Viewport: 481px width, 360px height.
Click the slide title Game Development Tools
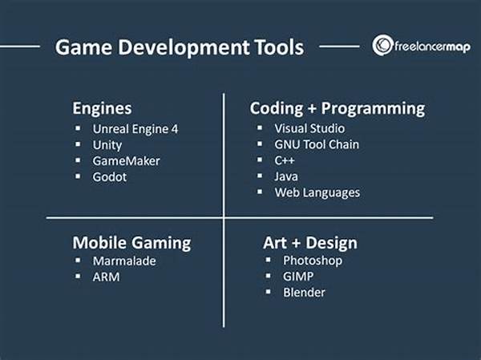tap(180, 47)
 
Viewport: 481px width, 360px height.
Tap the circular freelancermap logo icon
tap(382, 45)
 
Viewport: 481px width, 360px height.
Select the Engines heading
tap(102, 109)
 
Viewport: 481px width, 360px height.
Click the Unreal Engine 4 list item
tap(135, 129)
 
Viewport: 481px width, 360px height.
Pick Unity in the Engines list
tap(107, 145)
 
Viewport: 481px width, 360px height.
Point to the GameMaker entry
tap(127, 161)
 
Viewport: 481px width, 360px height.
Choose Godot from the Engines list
tap(110, 177)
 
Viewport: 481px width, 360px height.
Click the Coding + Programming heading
tap(338, 109)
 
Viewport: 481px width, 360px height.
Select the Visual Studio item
tap(309, 128)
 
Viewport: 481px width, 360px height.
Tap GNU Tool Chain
tap(317, 144)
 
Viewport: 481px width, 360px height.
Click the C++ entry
tap(285, 160)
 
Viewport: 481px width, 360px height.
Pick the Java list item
tap(286, 176)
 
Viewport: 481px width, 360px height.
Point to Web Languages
tap(317, 192)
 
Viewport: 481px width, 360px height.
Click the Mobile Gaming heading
tap(131, 243)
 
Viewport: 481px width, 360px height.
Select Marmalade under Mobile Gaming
tap(124, 261)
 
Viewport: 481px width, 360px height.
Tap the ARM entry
tap(106, 277)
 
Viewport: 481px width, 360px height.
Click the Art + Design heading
tap(310, 243)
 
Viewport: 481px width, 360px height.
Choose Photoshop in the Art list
tap(313, 261)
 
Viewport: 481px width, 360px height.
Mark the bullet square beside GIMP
tap(268, 276)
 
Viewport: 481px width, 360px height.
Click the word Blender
tap(304, 292)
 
